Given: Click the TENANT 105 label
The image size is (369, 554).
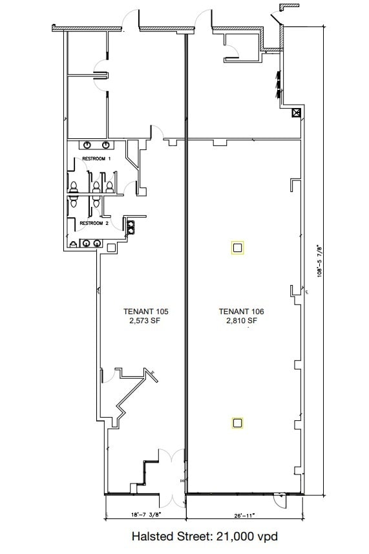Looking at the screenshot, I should (141, 311).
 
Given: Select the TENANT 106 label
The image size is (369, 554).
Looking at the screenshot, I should (238, 311).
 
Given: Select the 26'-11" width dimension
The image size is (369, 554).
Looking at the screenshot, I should (244, 515).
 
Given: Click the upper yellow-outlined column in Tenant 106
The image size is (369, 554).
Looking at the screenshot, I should (237, 248).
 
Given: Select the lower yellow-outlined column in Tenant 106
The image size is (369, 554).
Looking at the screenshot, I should (237, 423).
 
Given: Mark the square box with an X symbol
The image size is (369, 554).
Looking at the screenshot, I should (297, 113).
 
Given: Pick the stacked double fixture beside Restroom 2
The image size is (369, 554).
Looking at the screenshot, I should (131, 227).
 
